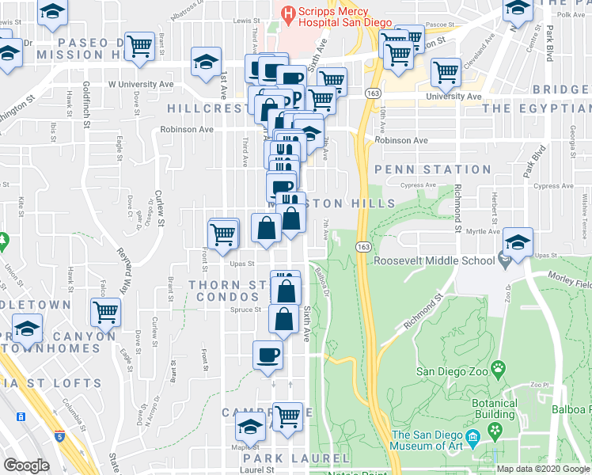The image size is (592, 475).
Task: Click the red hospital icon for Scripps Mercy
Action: pos(287,13)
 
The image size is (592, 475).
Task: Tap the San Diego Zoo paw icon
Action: pos(497,368)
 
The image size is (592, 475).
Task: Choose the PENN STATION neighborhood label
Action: pos(433,169)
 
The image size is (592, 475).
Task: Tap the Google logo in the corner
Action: pos(26,465)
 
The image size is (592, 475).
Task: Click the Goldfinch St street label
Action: pos(86,104)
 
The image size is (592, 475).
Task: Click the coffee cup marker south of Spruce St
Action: pos(267,354)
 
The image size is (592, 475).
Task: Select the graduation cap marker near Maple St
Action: pos(250,427)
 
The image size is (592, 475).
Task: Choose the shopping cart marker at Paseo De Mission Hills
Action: pos(140,46)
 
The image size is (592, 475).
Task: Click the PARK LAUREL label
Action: pos(296,458)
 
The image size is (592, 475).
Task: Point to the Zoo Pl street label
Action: pos(541,384)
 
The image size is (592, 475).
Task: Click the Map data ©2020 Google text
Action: pos(542,469)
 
